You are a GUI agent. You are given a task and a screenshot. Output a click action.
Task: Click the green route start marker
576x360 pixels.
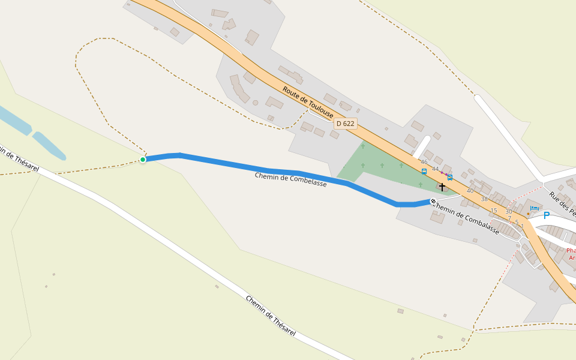point(143,160)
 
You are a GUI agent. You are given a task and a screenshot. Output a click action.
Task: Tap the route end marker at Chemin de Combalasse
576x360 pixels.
point(433,202)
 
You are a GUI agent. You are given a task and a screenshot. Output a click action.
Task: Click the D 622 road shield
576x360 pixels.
point(346,124)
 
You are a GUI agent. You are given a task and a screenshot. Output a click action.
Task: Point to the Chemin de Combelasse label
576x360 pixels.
point(290,180)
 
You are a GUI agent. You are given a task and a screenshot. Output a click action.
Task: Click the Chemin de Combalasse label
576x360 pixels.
point(466,218)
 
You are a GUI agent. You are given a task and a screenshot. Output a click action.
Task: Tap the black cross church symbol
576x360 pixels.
point(442,187)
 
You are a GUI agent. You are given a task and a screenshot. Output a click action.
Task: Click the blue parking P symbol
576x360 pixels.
point(546,215)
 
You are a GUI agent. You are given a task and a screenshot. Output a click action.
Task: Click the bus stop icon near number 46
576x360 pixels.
point(424,172)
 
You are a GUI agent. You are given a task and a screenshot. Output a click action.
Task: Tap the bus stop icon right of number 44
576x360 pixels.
point(450,178)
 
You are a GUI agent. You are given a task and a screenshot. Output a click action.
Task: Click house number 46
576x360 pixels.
point(424,163)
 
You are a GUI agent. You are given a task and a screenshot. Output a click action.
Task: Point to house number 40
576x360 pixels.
point(470,191)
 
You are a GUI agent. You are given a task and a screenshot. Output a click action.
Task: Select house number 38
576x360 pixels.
point(484,199)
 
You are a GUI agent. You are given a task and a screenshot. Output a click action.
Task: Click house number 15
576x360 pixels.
point(494,211)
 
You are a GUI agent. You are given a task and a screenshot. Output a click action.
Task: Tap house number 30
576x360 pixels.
point(509,211)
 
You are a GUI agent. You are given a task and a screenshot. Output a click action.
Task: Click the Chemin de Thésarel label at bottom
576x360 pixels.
point(271,316)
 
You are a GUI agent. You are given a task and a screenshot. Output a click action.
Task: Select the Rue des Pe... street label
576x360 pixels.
point(563,204)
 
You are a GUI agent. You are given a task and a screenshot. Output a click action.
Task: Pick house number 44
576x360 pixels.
point(435,169)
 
